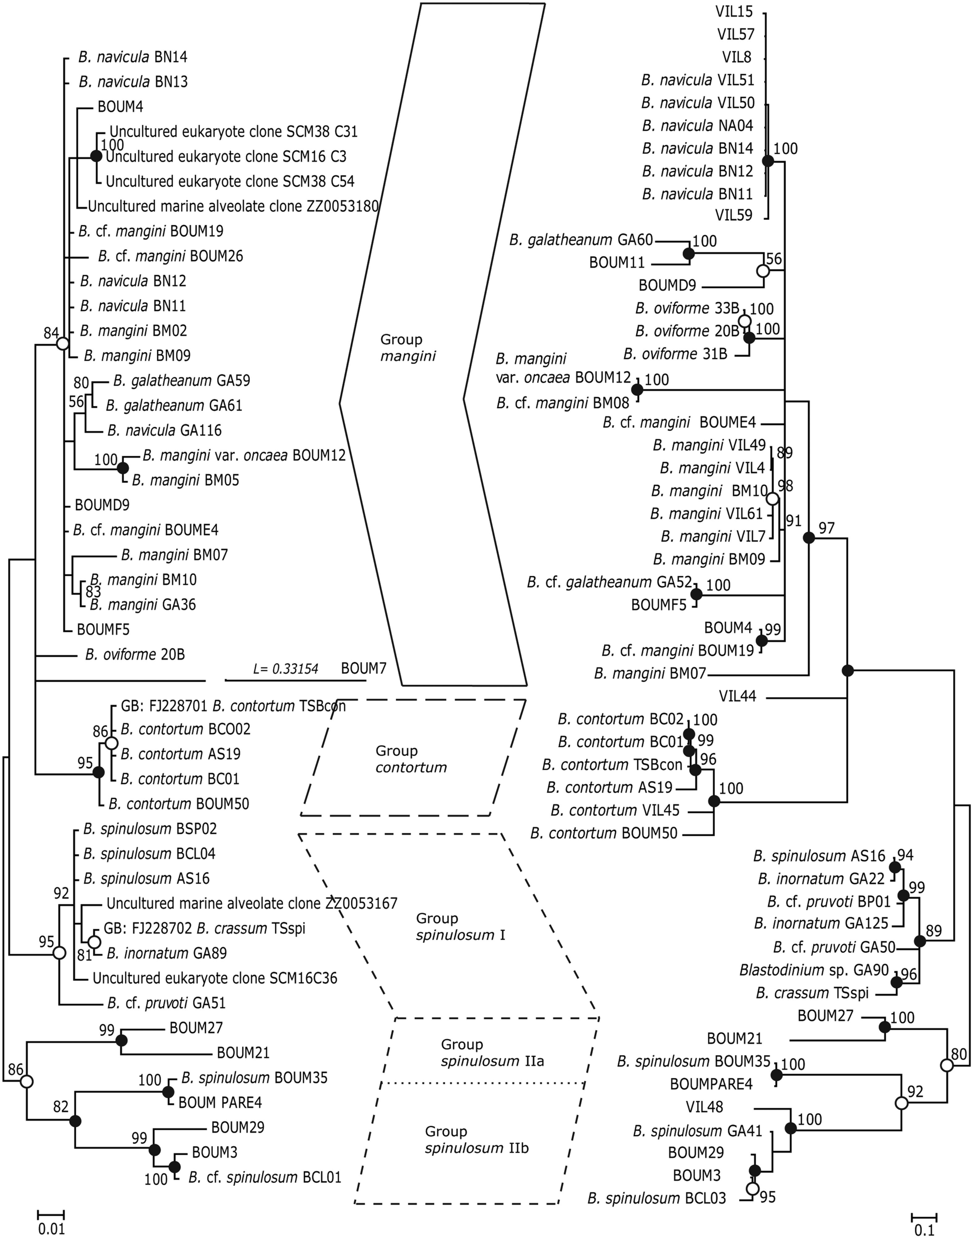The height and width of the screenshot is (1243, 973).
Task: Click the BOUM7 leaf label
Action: pos(364,668)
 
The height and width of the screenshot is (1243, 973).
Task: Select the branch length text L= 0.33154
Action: pos(286,669)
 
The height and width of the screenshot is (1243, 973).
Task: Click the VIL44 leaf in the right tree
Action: pos(737,696)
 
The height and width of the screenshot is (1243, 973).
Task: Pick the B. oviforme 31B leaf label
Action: pos(675,354)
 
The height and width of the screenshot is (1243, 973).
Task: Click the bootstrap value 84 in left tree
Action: pos(51,332)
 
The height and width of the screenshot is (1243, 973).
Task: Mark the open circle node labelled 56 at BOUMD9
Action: pos(763,271)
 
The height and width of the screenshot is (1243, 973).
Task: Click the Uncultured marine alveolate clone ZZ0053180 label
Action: pos(233,206)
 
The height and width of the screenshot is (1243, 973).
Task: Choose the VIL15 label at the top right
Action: pos(734,11)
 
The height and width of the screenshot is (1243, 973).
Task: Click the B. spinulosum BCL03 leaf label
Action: pos(657,1199)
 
